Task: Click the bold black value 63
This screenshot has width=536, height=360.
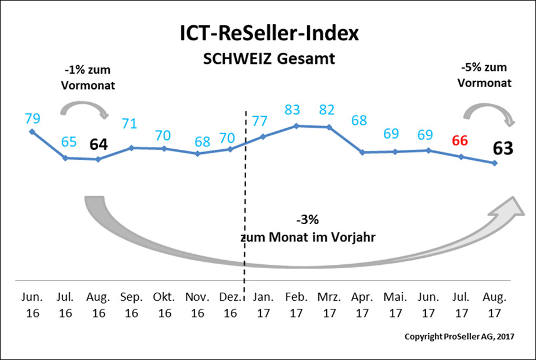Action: [x=503, y=148]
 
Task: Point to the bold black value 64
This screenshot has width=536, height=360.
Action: [x=98, y=144]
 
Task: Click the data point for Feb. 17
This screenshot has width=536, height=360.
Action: [x=297, y=125]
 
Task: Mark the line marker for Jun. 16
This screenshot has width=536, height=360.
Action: [x=32, y=131]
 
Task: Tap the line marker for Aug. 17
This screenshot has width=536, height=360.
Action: [x=494, y=163]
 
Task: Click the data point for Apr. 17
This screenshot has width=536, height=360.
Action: [x=362, y=152]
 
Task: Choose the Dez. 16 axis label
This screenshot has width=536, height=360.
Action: [x=231, y=305]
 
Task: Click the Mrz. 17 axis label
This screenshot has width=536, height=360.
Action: [x=330, y=305]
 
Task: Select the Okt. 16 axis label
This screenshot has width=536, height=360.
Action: [x=164, y=305]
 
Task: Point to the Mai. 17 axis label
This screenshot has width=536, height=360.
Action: [x=395, y=305]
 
